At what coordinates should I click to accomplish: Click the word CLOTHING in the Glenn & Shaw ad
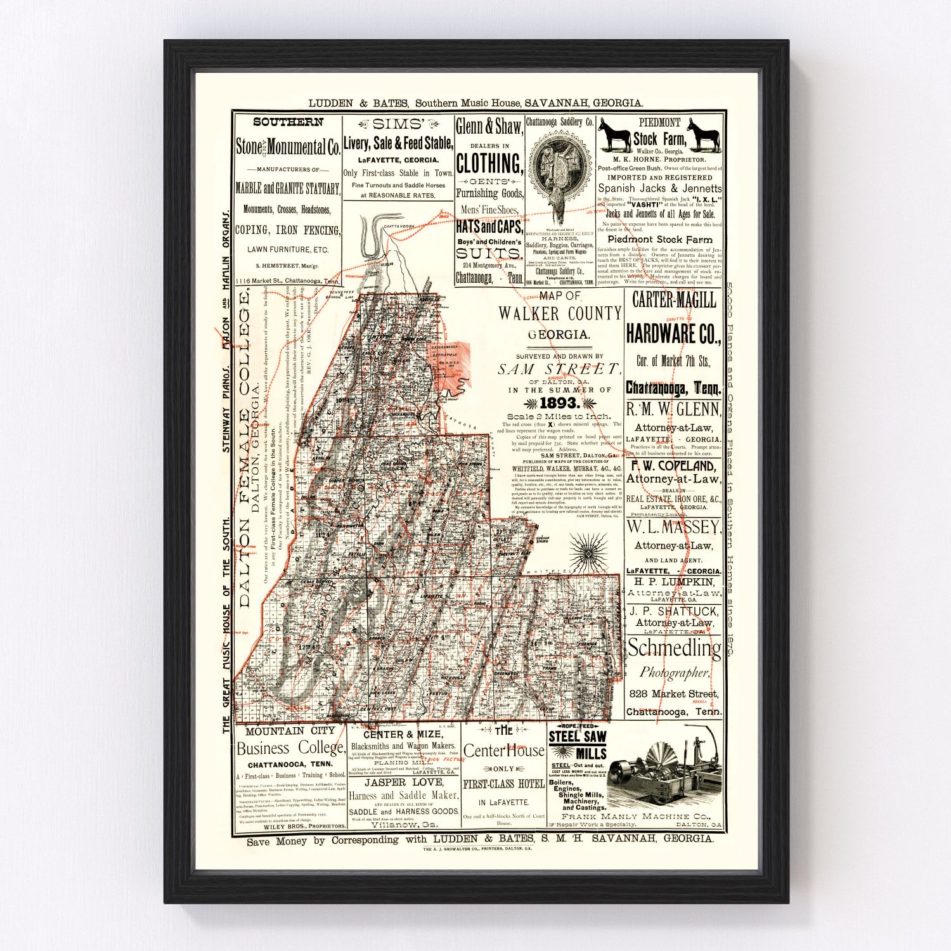(x=489, y=164)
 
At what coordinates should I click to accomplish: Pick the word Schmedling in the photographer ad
(x=674, y=649)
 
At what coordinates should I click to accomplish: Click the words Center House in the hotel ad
(x=503, y=751)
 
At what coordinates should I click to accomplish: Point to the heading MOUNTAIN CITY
(x=290, y=731)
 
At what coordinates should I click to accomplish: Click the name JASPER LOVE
(x=404, y=782)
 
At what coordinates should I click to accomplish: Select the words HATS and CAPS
(x=489, y=227)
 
